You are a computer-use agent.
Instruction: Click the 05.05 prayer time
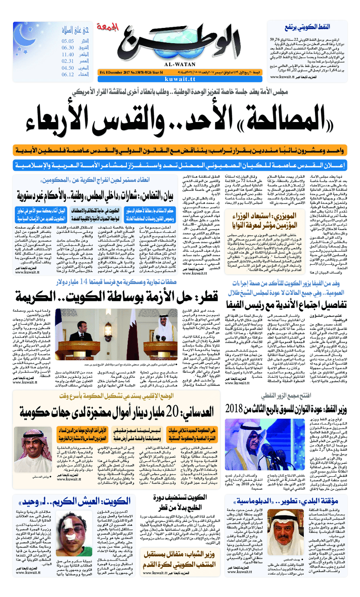(x=68, y=41)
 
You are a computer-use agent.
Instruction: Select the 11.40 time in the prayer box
(x=68, y=54)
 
